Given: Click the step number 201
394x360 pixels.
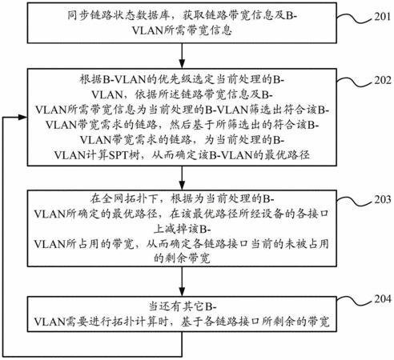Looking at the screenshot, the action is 383,17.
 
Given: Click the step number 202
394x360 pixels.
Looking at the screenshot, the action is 383,80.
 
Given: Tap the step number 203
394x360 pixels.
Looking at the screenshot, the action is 383,199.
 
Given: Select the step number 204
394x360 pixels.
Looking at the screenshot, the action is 383,298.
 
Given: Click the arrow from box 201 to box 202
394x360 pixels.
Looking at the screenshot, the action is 182,56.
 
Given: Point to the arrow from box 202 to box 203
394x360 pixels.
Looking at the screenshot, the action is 182,178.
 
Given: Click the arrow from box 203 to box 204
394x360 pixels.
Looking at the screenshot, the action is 182,282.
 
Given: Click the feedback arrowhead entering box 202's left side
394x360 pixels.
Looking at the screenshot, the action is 22,117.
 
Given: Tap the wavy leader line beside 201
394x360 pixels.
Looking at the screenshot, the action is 355,18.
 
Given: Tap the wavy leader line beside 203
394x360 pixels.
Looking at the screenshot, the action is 355,201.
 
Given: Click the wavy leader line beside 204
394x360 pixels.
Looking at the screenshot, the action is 355,300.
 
